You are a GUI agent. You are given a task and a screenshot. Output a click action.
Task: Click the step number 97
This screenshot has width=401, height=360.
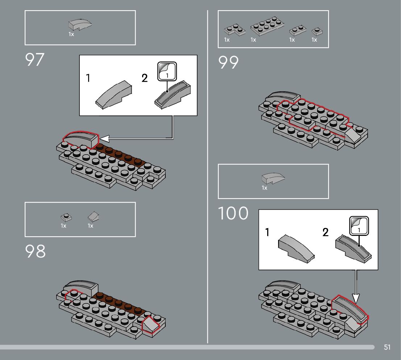click(x=34, y=60)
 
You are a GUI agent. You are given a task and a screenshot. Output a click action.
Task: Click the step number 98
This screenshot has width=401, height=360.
click(x=35, y=251)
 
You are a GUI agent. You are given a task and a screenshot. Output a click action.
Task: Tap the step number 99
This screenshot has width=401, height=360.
click(x=228, y=62)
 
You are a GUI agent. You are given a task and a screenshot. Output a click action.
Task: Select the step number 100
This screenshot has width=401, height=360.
click(x=233, y=213)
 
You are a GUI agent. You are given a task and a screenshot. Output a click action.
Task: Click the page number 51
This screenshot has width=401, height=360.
click(x=387, y=347)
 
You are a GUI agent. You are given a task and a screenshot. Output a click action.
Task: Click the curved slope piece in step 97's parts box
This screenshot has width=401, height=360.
click(x=80, y=25)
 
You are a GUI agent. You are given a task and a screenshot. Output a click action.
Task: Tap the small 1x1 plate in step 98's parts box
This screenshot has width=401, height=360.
click(x=66, y=218)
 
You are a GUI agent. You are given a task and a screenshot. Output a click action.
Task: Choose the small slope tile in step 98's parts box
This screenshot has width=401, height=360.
click(x=94, y=217)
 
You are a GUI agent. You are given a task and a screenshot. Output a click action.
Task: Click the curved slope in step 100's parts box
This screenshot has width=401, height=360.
click(x=273, y=178)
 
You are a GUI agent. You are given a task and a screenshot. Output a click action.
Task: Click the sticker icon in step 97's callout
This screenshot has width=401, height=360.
click(x=167, y=71)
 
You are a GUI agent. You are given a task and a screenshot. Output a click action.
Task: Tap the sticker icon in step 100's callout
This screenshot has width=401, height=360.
click(x=359, y=225)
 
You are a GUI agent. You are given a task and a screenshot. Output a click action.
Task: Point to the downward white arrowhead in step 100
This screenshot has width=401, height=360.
click(x=355, y=298)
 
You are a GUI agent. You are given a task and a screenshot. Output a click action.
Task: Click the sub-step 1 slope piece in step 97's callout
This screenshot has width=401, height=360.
click(x=113, y=94)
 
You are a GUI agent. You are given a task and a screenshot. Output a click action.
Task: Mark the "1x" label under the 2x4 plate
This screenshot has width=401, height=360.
click(x=253, y=40)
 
